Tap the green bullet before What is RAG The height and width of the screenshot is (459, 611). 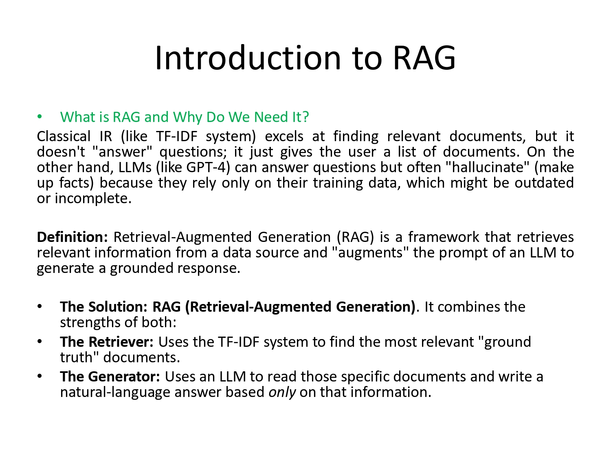[x=40, y=117]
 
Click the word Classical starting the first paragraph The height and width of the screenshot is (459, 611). [x=64, y=136]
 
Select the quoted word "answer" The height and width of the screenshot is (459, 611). [x=122, y=152]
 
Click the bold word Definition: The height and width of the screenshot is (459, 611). [x=72, y=237]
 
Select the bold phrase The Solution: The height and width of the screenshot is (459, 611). [x=104, y=307]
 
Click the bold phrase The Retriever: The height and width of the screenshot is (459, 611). [x=106, y=342]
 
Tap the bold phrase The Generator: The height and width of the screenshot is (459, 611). [x=110, y=377]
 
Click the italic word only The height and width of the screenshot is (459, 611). [x=282, y=392]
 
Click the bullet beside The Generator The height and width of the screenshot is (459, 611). [x=40, y=377]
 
